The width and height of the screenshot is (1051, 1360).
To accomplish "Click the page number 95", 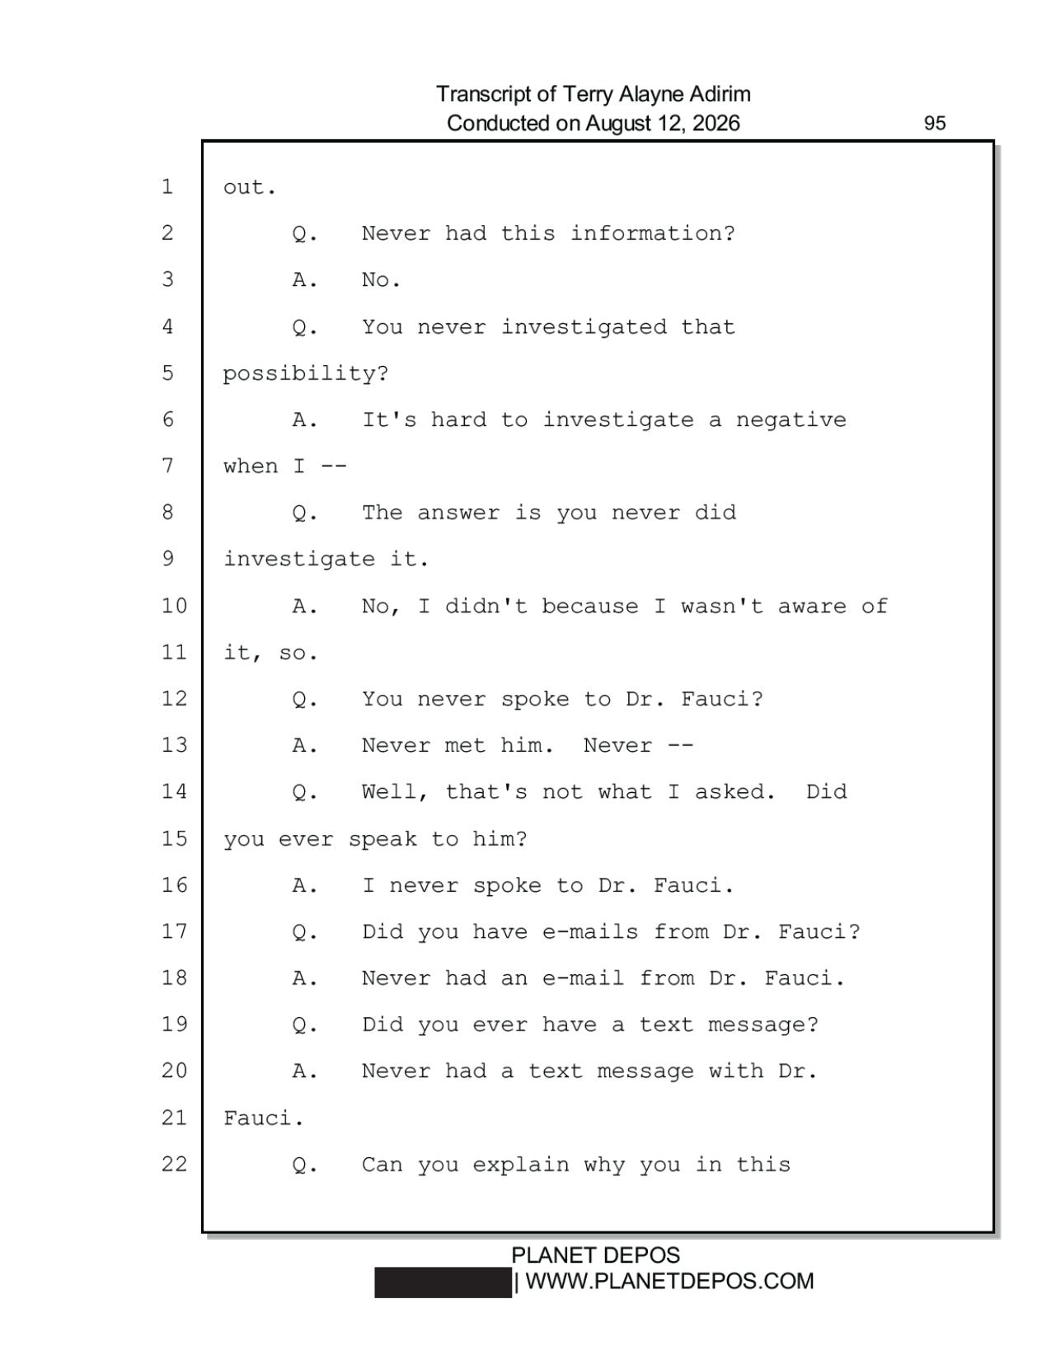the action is pyautogui.click(x=934, y=123).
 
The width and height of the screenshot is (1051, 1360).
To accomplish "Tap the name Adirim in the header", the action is pyautogui.click(x=720, y=94).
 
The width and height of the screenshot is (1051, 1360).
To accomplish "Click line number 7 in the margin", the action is pyautogui.click(x=168, y=466).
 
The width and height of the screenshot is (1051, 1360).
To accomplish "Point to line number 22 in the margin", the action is pyautogui.click(x=174, y=1164).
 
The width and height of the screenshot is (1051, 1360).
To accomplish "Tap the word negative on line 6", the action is pyautogui.click(x=791, y=420).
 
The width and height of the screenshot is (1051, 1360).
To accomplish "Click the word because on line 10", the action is pyautogui.click(x=589, y=606).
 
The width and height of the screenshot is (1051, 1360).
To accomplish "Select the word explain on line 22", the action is pyautogui.click(x=521, y=1165).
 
